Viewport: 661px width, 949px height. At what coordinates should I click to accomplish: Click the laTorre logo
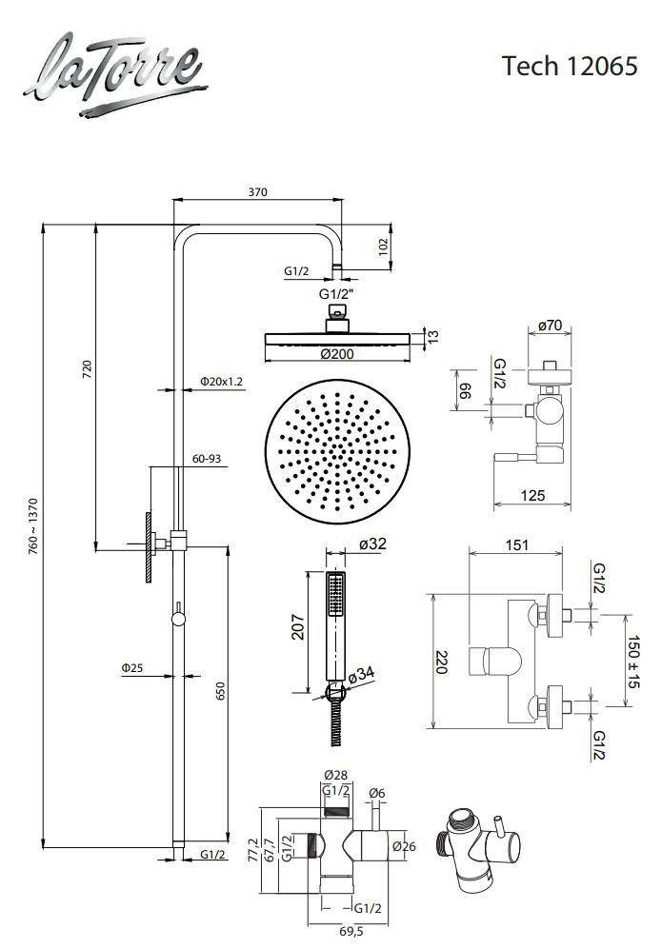(x=115, y=74)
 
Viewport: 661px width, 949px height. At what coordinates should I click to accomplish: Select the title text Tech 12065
(x=570, y=66)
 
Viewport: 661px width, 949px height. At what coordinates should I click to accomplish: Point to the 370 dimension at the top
(x=257, y=192)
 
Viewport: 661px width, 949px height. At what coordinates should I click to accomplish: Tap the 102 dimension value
(x=383, y=247)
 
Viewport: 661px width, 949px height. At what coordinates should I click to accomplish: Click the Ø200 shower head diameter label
(x=337, y=354)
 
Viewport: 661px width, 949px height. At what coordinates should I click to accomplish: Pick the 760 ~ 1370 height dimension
(x=33, y=525)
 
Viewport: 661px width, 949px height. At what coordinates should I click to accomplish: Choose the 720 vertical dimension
(x=87, y=369)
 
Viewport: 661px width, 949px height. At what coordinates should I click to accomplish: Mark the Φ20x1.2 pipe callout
(x=221, y=382)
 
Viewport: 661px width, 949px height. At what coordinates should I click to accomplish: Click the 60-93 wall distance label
(x=207, y=459)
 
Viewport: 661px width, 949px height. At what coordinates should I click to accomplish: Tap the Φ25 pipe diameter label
(x=132, y=667)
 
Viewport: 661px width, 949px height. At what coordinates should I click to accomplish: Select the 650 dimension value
(x=220, y=691)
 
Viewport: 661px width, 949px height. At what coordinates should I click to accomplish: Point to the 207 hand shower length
(x=298, y=627)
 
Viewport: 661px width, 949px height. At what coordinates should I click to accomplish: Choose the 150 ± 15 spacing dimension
(x=633, y=662)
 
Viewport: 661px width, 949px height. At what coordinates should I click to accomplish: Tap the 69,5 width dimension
(x=351, y=932)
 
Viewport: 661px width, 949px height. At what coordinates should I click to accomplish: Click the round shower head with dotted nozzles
(x=337, y=451)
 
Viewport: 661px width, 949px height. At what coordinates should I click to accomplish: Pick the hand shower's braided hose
(x=337, y=723)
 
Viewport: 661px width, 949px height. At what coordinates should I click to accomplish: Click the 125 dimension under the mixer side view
(x=533, y=495)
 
